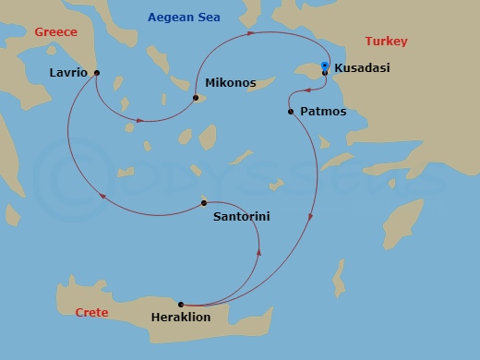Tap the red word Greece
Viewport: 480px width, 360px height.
click(x=55, y=32)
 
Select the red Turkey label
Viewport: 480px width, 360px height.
click(x=386, y=42)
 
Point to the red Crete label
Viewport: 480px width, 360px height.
click(x=91, y=313)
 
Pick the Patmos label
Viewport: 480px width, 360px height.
click(x=324, y=112)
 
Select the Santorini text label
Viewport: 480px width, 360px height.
click(x=242, y=218)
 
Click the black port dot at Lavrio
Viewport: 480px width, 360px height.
click(x=97, y=73)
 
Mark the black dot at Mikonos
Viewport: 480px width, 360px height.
click(x=196, y=97)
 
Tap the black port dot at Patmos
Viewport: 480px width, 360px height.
click(x=291, y=112)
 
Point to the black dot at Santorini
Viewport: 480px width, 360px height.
click(x=204, y=203)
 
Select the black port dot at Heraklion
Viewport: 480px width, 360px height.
click(x=180, y=305)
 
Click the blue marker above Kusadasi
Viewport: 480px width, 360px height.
click(x=325, y=66)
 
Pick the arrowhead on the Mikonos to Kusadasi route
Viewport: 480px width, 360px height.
click(x=250, y=34)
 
